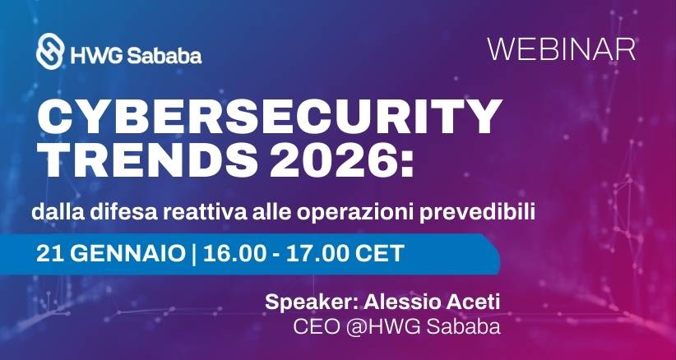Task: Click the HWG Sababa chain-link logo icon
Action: click(52, 52)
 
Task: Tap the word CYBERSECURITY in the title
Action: click(269, 120)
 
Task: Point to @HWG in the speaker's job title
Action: click(375, 326)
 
